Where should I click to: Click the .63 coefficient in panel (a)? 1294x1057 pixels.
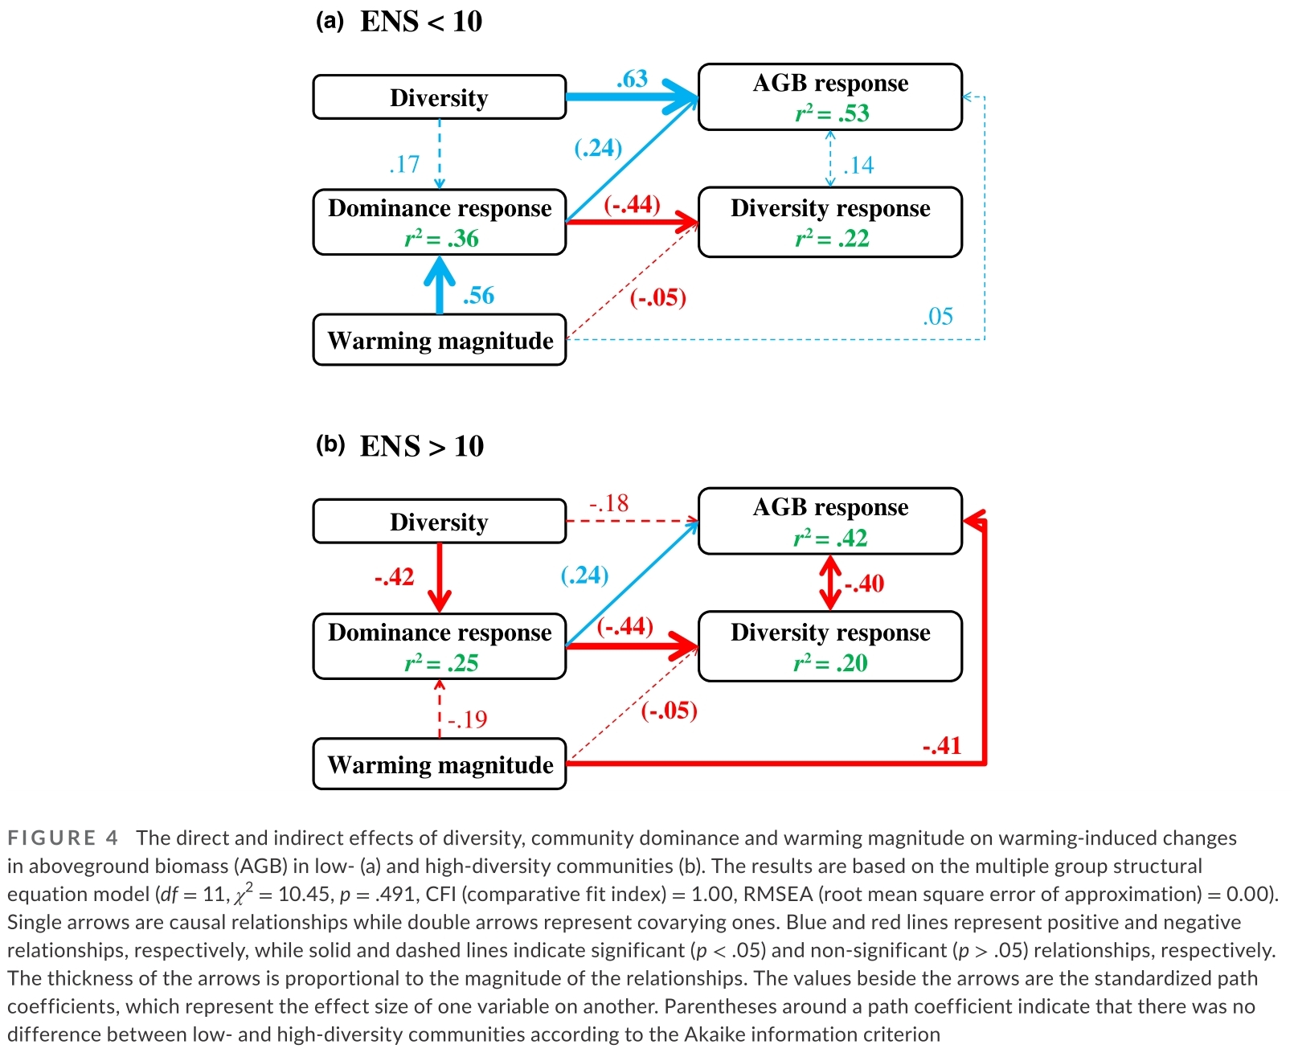[x=632, y=79]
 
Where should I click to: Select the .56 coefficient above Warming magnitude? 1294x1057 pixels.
[x=478, y=296]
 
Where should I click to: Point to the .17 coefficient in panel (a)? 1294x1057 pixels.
[x=404, y=164]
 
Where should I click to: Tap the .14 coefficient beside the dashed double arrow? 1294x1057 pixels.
[x=858, y=166]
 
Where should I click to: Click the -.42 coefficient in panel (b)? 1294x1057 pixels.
[x=394, y=577]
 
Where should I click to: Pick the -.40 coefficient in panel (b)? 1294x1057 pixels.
[x=864, y=584]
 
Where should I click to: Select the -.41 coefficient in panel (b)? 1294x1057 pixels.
[x=941, y=746]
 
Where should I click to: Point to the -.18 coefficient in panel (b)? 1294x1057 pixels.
[x=608, y=503]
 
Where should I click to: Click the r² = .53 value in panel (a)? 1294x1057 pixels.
[x=832, y=113]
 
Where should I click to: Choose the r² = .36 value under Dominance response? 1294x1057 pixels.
[x=440, y=239]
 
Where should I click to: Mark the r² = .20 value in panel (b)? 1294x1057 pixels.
[x=830, y=663]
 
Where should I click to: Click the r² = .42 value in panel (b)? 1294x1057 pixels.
[x=830, y=538]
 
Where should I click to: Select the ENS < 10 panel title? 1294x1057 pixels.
[x=421, y=22]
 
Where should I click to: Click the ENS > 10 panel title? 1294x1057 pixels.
[x=422, y=446]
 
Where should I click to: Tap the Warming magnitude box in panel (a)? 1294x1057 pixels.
[x=440, y=340]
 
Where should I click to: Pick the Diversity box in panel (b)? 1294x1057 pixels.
[x=440, y=522]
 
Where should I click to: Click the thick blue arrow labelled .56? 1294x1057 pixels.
[x=440, y=285]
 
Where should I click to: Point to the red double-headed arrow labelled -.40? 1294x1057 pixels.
[x=830, y=584]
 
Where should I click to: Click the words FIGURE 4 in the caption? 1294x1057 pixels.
[x=63, y=838]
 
